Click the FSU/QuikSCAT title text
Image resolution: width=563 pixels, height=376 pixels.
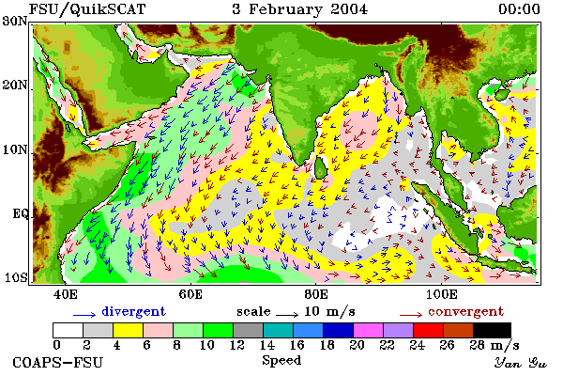87,9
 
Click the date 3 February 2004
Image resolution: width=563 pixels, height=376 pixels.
300,9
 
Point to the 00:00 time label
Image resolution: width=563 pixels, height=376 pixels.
519,9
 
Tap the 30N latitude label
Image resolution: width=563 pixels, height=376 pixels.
15,21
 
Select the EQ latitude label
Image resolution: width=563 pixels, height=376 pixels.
21,213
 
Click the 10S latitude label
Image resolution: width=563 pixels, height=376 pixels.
15,277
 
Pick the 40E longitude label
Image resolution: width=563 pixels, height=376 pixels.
65,294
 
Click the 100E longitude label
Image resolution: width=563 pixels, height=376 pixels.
442,294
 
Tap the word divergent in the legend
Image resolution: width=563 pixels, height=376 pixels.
133,311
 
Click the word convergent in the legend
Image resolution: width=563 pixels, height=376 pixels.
465,311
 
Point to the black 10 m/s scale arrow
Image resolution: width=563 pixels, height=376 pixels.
287,315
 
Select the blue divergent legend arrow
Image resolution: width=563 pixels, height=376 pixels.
84,315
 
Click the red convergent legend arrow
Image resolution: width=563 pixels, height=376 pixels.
411,315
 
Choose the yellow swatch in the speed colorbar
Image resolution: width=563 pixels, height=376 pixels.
129,330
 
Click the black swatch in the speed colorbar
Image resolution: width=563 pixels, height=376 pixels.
492,330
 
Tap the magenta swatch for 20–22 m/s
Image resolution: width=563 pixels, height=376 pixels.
368,330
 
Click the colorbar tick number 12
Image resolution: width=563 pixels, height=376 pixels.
236,345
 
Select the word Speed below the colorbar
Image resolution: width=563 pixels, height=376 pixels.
281,360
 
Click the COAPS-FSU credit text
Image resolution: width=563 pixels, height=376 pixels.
58,362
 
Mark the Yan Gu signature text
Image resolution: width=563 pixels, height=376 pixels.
520,363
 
